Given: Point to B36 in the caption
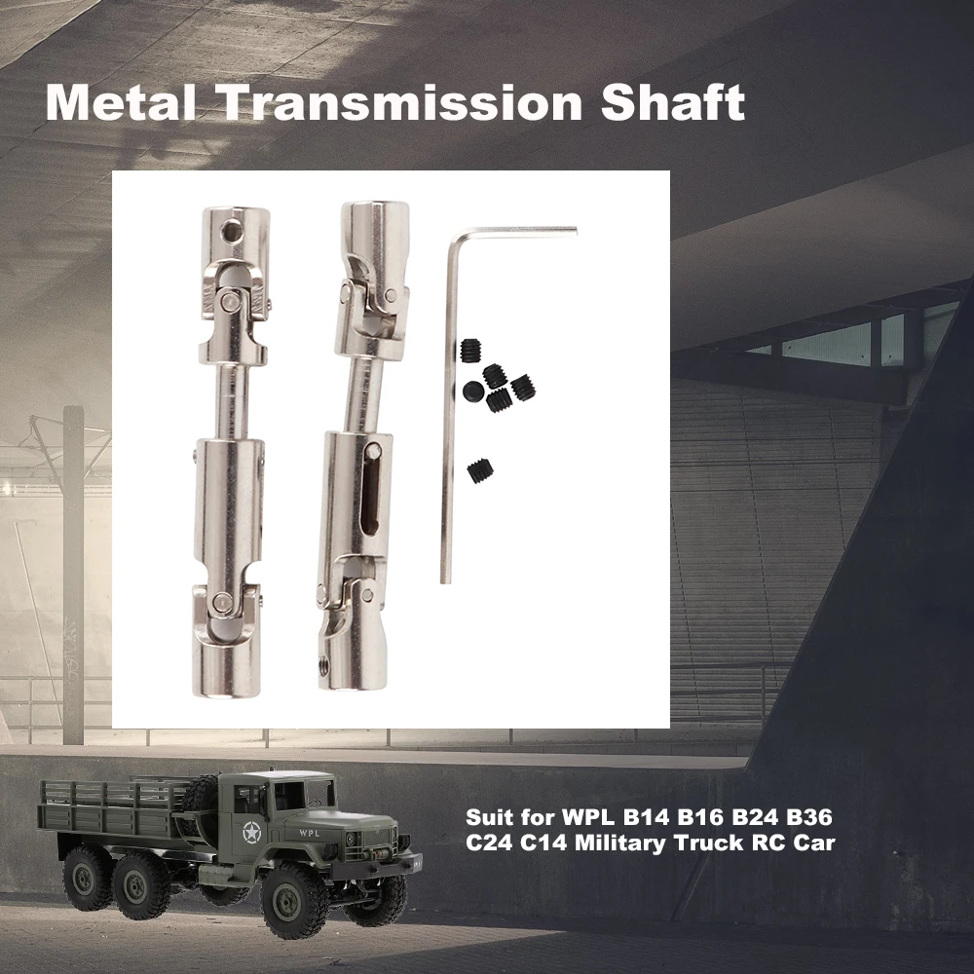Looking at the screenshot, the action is (x=809, y=816).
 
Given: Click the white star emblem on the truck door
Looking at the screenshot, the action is (x=251, y=831).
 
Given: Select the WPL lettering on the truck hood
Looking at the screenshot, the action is (x=310, y=833).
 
